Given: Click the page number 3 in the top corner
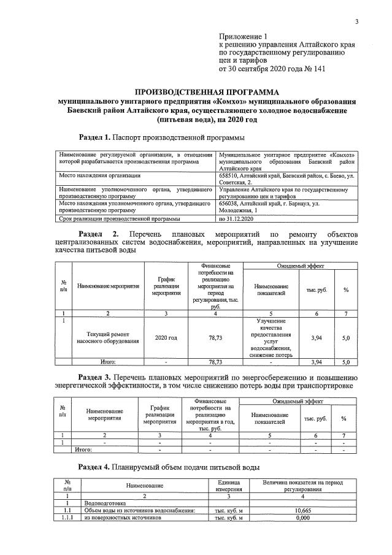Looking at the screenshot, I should pyautogui.click(x=356, y=22).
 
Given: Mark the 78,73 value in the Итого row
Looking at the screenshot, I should pyautogui.click(x=215, y=362).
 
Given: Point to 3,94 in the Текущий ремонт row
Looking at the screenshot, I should pyautogui.click(x=317, y=337).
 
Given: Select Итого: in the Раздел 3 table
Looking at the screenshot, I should pyautogui.click(x=83, y=450).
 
